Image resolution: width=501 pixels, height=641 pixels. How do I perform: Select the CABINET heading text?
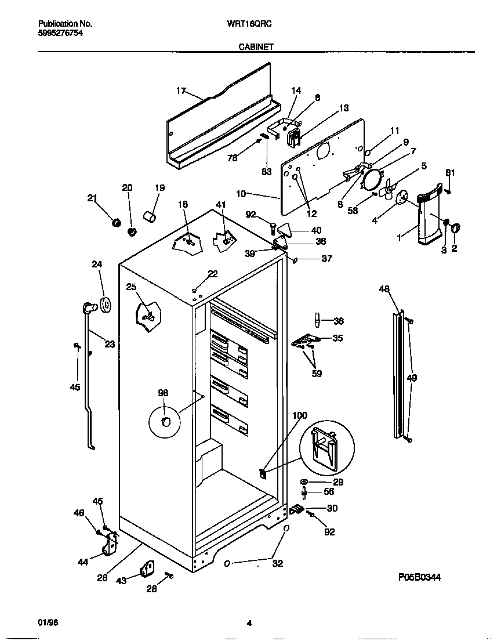coord(256,48)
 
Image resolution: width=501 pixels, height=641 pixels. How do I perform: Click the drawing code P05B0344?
coord(424,577)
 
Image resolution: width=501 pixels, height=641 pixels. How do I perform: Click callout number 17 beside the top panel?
coord(181,90)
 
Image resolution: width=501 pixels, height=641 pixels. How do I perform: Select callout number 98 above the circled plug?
coord(163,393)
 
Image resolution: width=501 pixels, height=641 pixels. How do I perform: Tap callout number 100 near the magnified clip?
coord(300,415)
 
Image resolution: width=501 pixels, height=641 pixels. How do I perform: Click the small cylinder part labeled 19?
coord(151,218)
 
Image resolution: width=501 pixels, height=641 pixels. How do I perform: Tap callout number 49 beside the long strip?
coord(412,378)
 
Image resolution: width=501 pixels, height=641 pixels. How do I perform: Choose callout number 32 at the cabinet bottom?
coord(278,563)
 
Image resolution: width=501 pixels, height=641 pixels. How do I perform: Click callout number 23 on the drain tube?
coord(110,344)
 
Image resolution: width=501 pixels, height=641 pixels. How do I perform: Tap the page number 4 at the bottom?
coord(249,624)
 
